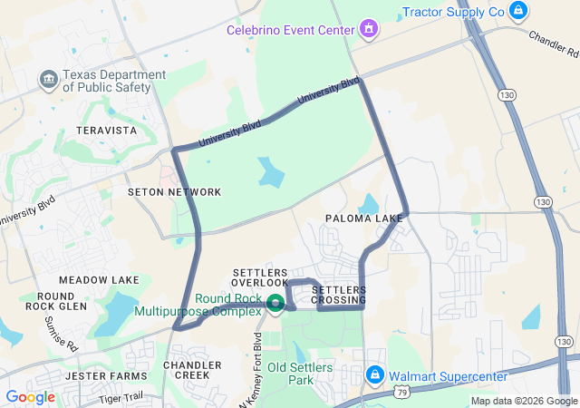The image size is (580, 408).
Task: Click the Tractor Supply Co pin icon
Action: click(518, 11)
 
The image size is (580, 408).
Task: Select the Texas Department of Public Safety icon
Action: click(48, 81)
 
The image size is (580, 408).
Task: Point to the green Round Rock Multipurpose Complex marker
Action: click(275, 302)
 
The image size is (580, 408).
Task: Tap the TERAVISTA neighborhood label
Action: click(107, 131)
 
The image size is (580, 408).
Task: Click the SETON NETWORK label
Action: click(174, 192)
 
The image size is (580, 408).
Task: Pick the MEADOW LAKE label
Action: click(100, 280)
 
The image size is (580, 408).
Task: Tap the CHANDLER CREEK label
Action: click(192, 370)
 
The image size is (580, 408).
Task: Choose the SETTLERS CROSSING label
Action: click(339, 295)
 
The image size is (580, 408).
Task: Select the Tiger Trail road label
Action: click(121, 396)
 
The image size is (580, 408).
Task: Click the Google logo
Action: click(30, 397)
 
